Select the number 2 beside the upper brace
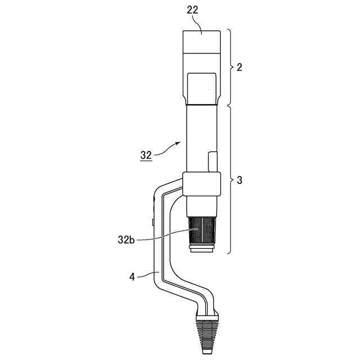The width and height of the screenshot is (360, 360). tap(240, 67)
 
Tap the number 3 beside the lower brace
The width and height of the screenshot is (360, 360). tap(240, 180)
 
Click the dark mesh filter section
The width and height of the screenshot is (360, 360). tap(201, 231)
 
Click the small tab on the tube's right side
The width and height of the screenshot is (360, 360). tap(212, 161)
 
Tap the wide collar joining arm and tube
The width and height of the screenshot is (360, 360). tap(200, 184)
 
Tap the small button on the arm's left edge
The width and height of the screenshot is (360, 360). tap(154, 222)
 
